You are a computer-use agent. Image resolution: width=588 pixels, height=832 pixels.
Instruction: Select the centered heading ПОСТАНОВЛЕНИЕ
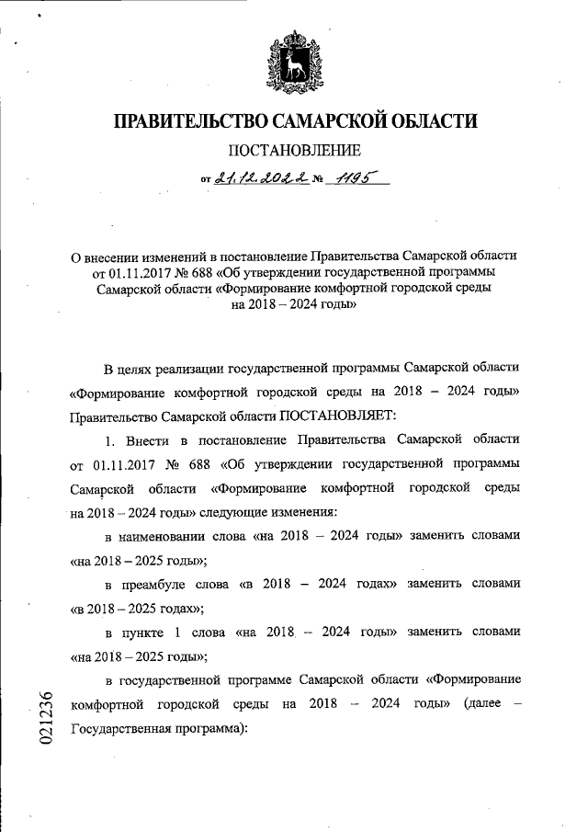294,150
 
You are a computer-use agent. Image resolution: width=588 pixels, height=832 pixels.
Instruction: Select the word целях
142,369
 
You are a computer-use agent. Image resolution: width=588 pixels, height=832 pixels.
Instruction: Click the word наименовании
180,536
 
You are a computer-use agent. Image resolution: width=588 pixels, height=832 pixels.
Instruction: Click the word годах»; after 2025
175,608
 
